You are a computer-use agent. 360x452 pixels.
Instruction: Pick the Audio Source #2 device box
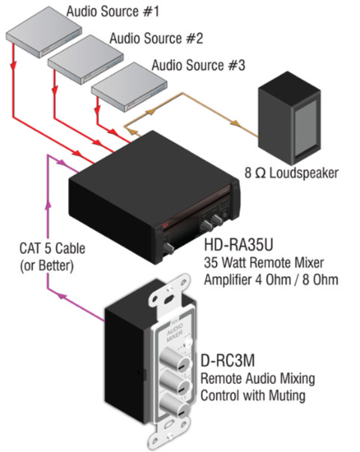(x=83, y=61)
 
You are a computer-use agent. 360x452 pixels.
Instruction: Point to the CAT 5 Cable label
(x=53, y=248)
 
